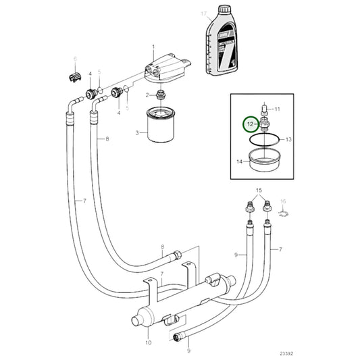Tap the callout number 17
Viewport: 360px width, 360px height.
[x=203, y=14]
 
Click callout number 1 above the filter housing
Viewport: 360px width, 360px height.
[x=153, y=45]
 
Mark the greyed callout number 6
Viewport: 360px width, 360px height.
[x=75, y=60]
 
